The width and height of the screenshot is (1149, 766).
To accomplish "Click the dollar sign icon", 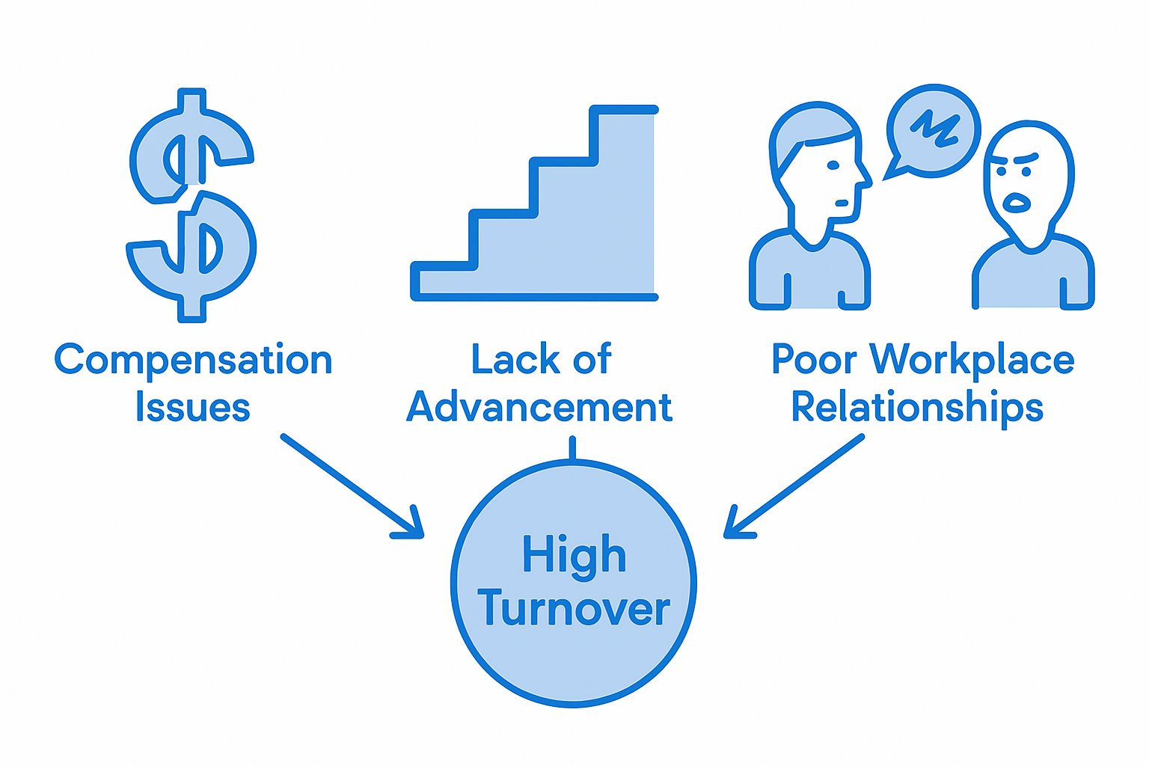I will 192,206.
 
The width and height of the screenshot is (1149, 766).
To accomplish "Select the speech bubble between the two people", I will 932,132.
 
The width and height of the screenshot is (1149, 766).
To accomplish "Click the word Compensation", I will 193,361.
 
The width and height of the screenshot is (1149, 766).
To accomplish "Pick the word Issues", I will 192,408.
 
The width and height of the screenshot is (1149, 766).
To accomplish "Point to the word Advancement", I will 539,408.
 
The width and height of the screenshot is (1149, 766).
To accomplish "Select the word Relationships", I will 917,408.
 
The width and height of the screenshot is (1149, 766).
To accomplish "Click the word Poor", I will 813,360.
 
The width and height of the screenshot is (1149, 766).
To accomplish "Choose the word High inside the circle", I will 574,556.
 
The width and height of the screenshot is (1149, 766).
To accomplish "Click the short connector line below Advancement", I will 572,449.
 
